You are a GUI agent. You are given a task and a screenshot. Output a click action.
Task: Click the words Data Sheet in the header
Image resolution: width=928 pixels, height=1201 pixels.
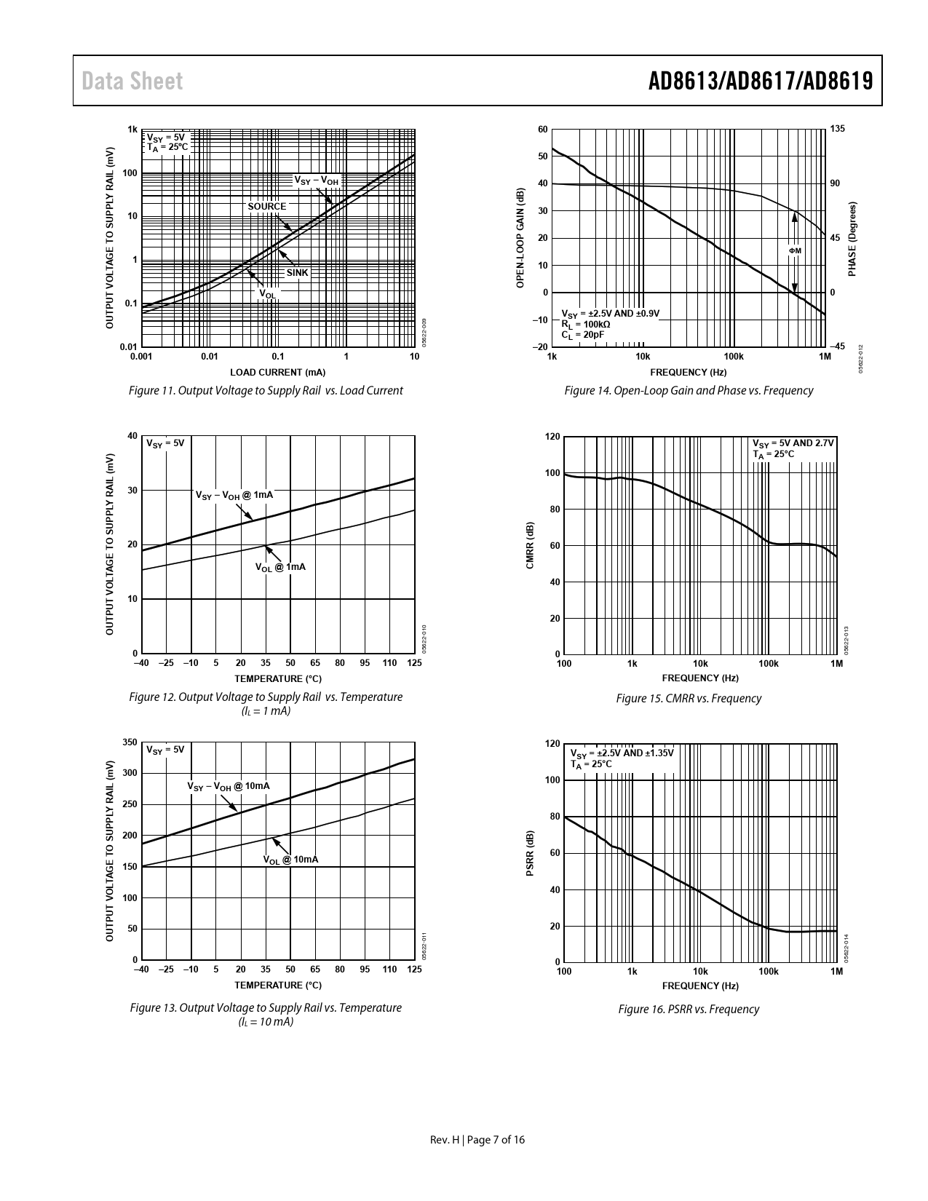tap(132, 81)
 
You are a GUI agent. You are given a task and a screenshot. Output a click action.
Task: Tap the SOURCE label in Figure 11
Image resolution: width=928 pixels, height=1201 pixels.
tap(267, 206)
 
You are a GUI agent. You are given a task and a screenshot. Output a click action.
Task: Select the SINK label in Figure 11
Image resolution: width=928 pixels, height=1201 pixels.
tap(297, 273)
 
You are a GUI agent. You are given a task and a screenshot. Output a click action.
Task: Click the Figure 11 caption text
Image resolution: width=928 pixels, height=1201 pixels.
tap(266, 390)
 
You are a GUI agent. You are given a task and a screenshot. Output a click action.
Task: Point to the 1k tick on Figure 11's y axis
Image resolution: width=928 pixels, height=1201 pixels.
tap(132, 130)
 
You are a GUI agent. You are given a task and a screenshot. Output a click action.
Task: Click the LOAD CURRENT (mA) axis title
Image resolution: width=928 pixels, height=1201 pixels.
tap(277, 373)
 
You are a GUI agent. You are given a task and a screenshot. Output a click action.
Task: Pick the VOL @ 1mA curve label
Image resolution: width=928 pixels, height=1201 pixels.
tap(280, 567)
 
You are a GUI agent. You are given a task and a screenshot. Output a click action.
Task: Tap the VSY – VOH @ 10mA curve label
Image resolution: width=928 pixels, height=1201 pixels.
tap(229, 787)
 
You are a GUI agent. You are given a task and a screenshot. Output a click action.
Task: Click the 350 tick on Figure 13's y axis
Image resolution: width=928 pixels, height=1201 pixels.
tap(130, 742)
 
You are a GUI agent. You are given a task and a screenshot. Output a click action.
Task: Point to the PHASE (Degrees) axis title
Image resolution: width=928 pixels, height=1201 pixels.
tap(852, 239)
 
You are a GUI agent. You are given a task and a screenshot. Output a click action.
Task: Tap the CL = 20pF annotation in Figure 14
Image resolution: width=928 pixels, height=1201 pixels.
tap(582, 335)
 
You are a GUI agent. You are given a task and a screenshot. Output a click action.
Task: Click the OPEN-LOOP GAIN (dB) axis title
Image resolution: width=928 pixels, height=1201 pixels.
tap(520, 238)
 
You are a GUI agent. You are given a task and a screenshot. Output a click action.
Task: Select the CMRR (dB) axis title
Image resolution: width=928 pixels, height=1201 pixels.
tap(530, 546)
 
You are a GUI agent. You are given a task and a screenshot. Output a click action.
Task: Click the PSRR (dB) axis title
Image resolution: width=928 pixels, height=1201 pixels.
tap(530, 853)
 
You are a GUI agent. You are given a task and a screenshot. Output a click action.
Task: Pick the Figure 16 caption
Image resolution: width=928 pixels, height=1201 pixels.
tap(689, 1009)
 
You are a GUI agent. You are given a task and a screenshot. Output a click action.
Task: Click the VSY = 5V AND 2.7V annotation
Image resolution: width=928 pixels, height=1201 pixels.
tap(793, 443)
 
